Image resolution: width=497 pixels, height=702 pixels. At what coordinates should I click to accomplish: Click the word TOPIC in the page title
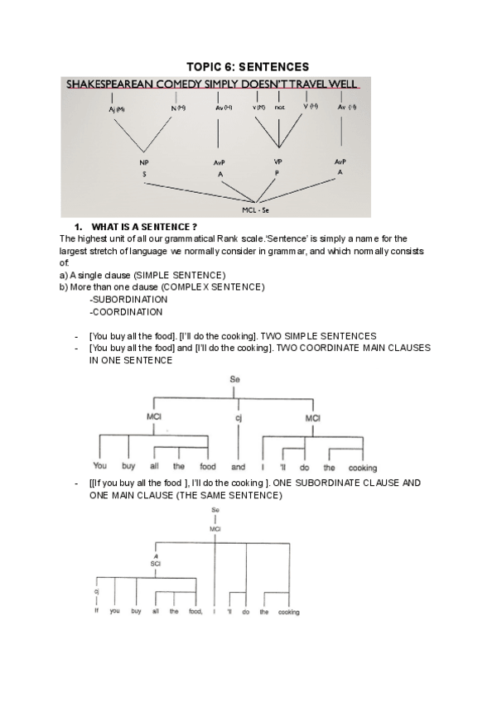(206, 65)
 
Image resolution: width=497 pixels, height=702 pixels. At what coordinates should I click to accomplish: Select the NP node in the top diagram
(143, 163)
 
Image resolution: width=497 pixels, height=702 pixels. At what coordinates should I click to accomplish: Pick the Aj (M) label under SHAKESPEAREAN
(116, 108)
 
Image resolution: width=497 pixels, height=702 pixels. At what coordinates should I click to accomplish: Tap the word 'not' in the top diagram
(279, 108)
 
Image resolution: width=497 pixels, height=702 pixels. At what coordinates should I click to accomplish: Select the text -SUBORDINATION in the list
(128, 300)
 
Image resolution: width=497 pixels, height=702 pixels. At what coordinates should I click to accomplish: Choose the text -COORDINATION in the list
(126, 312)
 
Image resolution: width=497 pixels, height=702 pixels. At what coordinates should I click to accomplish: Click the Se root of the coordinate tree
(234, 379)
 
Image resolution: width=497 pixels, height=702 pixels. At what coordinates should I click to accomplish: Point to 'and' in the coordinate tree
(238, 468)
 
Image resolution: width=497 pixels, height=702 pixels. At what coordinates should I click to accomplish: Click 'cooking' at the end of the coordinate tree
(362, 468)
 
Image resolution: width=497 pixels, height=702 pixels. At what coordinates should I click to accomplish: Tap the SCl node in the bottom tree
(155, 563)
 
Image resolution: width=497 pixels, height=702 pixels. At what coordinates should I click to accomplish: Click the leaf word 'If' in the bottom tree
(96, 612)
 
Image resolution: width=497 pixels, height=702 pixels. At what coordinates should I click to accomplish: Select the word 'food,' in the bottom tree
(195, 612)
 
